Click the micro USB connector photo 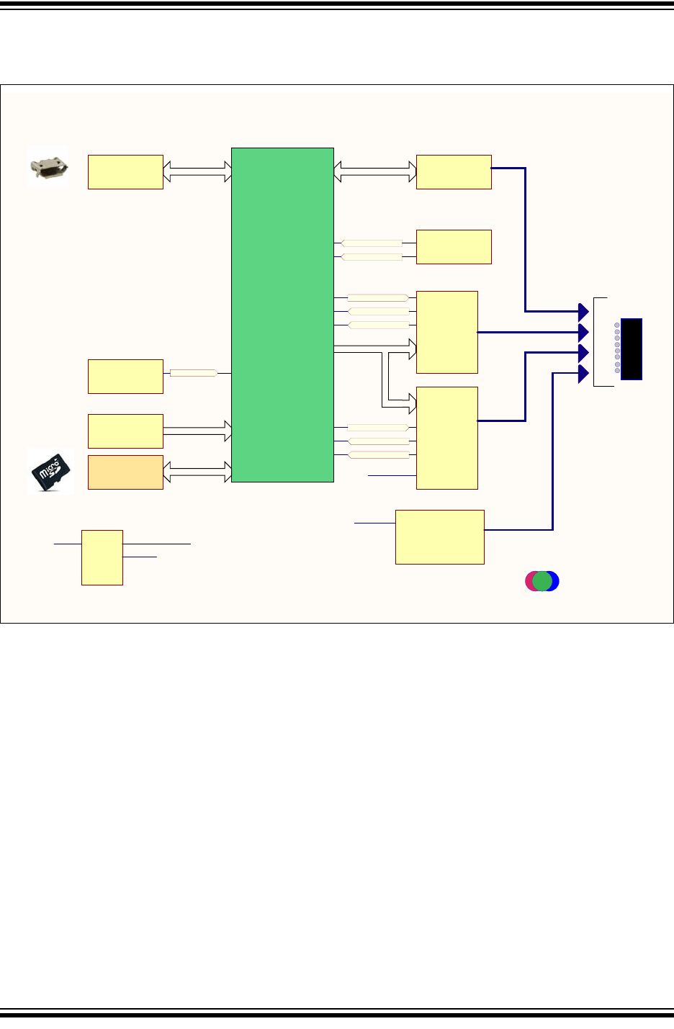click(48, 167)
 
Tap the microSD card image click(51, 472)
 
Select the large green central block click(282, 315)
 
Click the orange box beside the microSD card click(125, 472)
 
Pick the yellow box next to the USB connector click(125, 172)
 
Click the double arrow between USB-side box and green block click(197, 171)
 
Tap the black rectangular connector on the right click(632, 349)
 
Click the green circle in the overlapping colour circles click(542, 581)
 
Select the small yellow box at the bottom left click(102, 557)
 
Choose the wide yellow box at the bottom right click(440, 537)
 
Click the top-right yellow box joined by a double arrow click(454, 172)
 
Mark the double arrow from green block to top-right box click(375, 171)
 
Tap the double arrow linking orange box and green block click(197, 472)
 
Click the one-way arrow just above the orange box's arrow click(197, 431)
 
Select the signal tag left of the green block click(194, 373)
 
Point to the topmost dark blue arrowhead click(584, 312)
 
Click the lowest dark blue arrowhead click(584, 374)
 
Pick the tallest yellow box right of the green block click(447, 438)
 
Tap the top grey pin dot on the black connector click(617, 325)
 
